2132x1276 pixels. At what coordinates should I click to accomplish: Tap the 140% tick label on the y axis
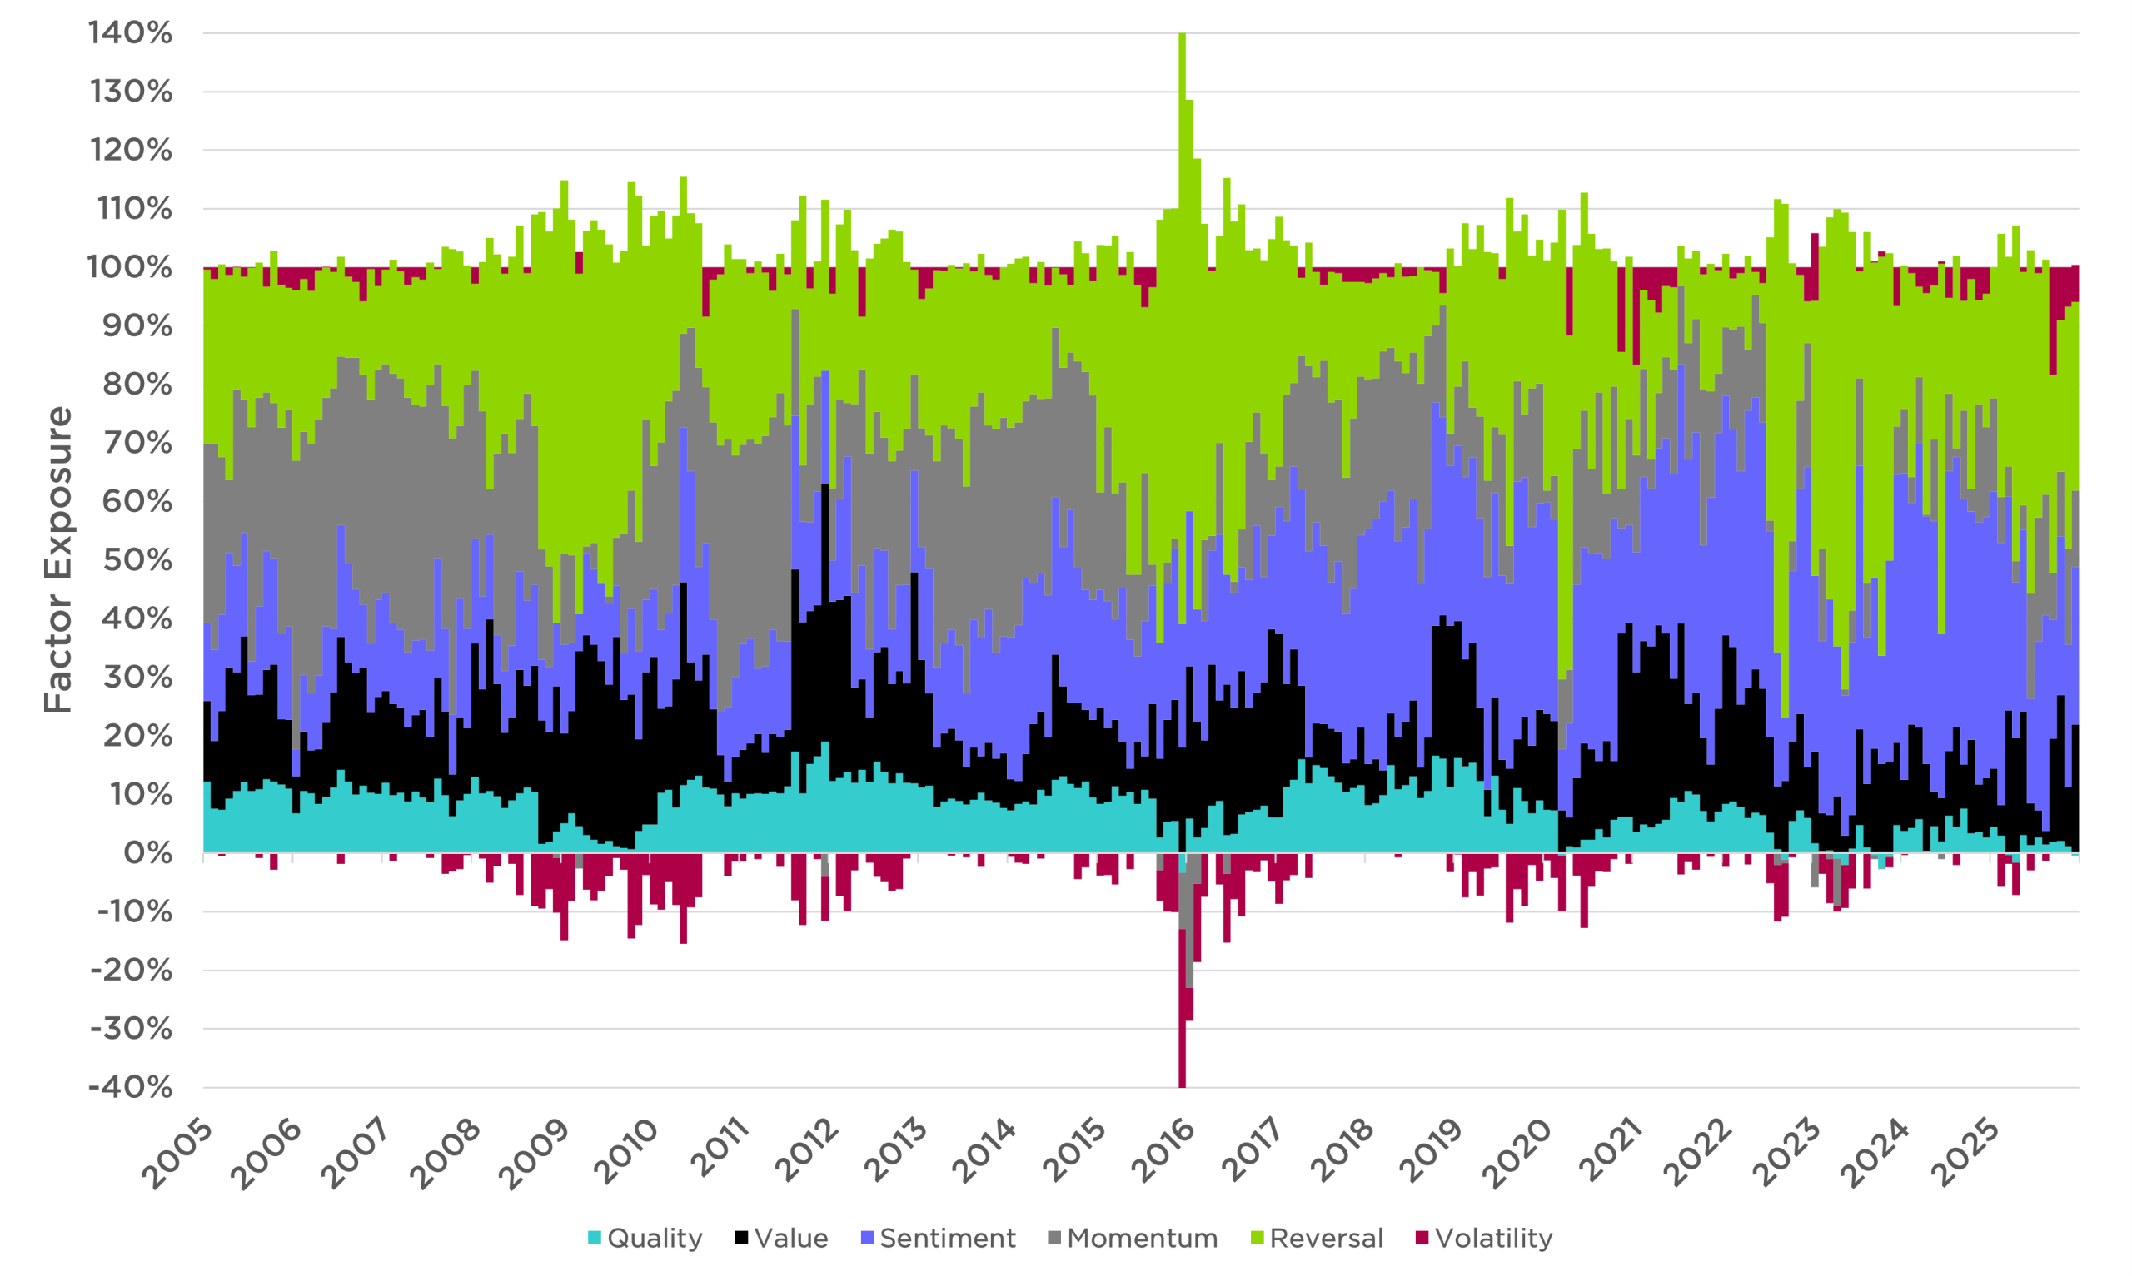point(131,33)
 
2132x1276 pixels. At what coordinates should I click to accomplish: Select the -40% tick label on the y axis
point(131,1088)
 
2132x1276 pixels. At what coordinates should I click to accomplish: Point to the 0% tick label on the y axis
point(148,854)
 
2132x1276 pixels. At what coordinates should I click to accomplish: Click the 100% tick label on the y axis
point(131,267)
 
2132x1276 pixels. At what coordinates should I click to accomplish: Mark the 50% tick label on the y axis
point(137,561)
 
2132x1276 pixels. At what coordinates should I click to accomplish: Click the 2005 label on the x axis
point(177,1154)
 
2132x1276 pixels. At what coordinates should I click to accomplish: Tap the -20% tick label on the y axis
point(131,971)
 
